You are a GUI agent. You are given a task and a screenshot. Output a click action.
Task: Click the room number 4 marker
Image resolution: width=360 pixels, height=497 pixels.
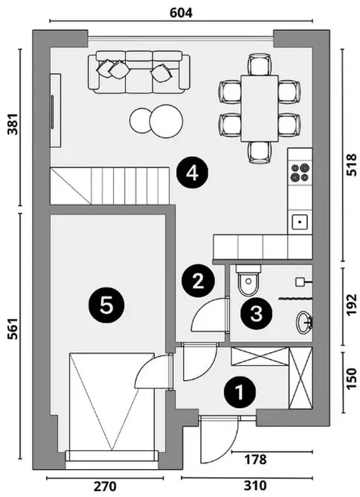point(192,173)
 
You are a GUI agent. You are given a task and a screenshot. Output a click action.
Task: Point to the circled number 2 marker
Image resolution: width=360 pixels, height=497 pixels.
point(198,281)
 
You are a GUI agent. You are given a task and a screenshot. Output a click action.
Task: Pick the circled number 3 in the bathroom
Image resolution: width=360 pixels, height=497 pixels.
point(257,314)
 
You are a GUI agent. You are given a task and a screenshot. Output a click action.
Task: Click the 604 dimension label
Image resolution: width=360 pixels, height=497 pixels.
point(181,13)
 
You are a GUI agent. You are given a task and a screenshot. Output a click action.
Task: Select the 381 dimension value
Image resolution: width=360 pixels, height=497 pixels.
point(14,124)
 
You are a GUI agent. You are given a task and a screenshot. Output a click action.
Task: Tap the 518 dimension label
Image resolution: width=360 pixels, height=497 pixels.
point(352,165)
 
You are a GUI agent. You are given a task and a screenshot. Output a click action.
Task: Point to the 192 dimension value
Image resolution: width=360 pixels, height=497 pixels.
point(352,305)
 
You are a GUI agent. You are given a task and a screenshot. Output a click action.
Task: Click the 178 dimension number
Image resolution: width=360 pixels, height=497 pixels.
point(256,459)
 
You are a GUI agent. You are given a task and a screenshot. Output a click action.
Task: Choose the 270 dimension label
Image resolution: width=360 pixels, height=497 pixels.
point(106,486)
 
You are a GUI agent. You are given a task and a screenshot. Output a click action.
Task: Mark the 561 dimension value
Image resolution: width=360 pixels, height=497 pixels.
point(14,328)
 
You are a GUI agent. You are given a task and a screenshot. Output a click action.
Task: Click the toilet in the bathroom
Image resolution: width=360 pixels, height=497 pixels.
point(248,281)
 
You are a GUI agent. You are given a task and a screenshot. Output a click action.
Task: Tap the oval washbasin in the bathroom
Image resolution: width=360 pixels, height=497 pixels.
point(305,322)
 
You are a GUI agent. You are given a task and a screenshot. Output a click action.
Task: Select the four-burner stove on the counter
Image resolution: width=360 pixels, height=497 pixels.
point(300,173)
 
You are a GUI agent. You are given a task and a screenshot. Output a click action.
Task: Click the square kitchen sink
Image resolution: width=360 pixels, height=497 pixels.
point(300,222)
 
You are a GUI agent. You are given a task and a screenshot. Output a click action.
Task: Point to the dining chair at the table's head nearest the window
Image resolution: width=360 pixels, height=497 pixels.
point(260,64)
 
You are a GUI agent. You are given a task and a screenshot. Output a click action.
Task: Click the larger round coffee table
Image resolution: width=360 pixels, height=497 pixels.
point(166,121)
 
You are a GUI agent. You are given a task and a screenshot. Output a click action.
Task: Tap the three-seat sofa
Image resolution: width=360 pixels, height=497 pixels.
point(139,72)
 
